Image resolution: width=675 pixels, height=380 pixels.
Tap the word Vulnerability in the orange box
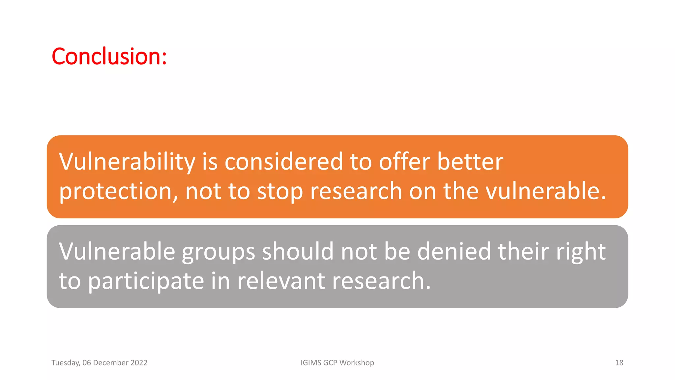pos(127,162)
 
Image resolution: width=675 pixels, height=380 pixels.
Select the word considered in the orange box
pos(284,162)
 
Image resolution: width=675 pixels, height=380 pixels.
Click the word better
pos(470,162)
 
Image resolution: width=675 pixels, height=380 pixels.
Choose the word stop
pos(280,191)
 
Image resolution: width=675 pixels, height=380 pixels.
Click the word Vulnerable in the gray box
pos(117,251)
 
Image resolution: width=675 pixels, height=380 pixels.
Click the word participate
pos(146,281)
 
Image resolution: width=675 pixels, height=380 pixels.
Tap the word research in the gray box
pos(381,281)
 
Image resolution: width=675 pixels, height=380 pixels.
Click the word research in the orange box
pos(356,191)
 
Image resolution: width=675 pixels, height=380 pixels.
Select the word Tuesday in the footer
pos(66,363)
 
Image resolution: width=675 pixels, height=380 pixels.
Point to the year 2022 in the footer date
pos(139,363)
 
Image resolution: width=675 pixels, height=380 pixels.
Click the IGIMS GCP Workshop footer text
pos(337,363)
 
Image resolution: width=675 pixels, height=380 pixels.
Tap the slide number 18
pos(619,363)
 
